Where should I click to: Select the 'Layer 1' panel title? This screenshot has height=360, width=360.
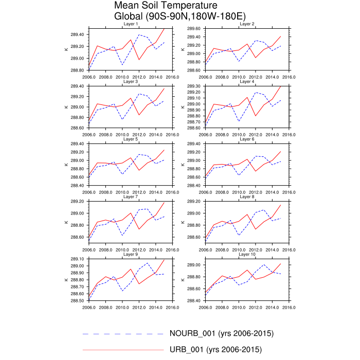(x=130, y=24)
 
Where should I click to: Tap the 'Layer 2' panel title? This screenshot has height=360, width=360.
(x=247, y=24)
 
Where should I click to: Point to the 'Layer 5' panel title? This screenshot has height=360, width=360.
(x=130, y=139)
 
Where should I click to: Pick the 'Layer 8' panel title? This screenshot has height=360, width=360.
(x=247, y=196)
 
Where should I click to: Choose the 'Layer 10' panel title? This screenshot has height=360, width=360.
(x=247, y=254)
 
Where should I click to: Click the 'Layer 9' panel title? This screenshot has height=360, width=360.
(x=130, y=254)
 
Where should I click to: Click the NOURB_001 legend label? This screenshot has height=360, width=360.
(x=221, y=333)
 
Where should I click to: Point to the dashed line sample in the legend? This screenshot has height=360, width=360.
(x=123, y=334)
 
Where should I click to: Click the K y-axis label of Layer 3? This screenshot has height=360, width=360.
(x=65, y=107)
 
